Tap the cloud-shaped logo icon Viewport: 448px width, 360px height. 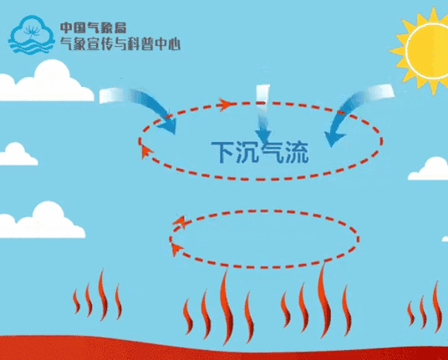point(32,35)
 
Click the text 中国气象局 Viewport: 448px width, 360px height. point(93,28)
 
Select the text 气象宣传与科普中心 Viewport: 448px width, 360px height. point(120,43)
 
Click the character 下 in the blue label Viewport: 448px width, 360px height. point(222,152)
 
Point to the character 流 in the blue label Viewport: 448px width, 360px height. point(298,152)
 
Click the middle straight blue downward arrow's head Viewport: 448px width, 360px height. point(263,136)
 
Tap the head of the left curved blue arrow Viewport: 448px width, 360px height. point(168,126)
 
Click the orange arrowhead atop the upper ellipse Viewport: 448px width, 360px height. point(225,104)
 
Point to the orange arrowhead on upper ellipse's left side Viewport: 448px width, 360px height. point(145,152)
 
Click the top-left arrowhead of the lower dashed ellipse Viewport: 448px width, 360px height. point(180,222)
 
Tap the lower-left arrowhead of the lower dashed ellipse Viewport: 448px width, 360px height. point(176,250)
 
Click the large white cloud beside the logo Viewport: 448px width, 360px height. point(46,83)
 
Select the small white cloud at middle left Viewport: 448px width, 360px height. point(18,155)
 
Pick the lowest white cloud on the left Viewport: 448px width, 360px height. point(43,222)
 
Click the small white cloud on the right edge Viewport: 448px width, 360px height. point(429,170)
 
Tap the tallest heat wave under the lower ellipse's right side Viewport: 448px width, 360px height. point(324,302)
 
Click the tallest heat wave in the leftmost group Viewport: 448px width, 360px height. point(103,296)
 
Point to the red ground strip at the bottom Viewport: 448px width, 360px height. point(224,349)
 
